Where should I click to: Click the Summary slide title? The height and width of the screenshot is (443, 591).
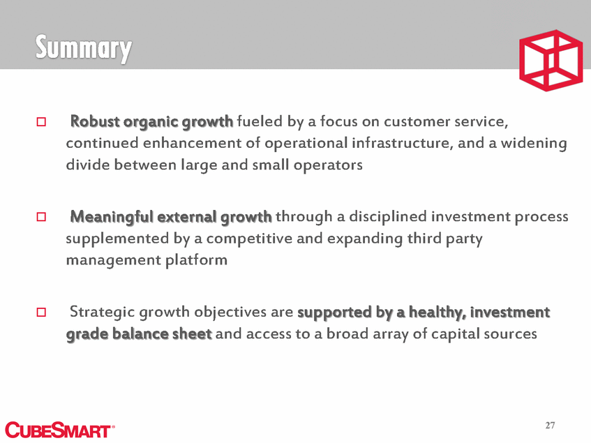point(83,49)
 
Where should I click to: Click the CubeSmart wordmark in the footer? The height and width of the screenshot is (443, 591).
point(59,430)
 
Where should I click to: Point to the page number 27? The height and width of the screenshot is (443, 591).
point(550,426)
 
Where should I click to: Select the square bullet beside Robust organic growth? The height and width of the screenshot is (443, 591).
point(41,121)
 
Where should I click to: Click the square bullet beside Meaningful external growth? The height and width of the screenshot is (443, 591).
point(41,216)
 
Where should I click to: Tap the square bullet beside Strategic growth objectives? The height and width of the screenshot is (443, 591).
point(41,312)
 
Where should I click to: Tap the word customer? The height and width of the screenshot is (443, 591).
point(417,122)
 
